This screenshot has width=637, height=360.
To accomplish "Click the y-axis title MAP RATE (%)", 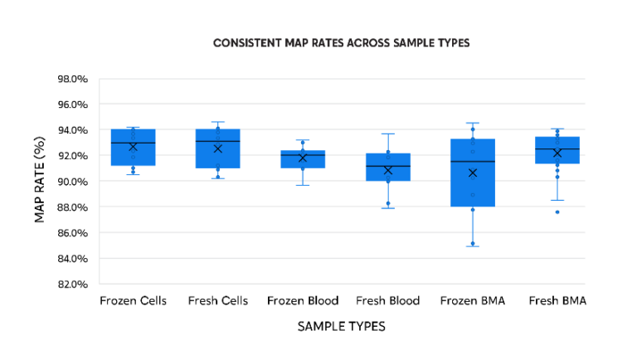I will coord(39,181).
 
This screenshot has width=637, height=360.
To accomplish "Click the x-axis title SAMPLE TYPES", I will coord(341,327).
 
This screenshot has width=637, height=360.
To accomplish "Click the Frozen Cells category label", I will coord(133,300).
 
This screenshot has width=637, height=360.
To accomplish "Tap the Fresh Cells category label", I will coord(218,300).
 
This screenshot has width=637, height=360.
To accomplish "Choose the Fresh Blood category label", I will coord(387,300).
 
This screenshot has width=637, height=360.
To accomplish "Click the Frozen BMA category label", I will coord(473,300).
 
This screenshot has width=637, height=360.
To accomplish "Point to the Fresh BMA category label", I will coord(557,300).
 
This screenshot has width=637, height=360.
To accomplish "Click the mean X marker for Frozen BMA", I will coord(473,173).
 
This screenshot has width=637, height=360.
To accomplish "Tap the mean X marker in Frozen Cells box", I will coord(133,147).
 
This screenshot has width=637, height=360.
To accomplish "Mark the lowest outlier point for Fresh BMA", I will coord(557,212).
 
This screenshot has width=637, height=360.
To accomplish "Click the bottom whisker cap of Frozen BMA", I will coord(473,246).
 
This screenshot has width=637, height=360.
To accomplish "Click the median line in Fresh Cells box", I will coord(217,141).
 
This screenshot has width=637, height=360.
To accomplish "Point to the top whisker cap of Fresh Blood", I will coord(387,134).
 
